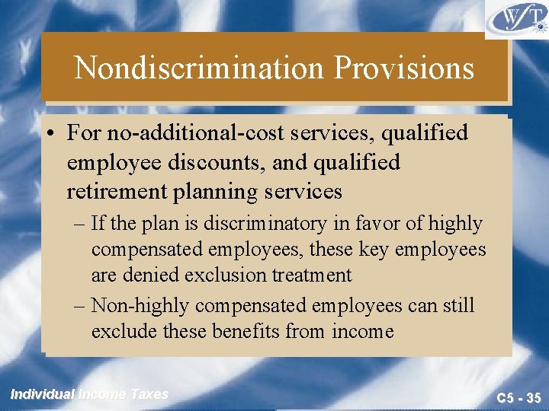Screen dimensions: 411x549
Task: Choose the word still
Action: tap(457, 305)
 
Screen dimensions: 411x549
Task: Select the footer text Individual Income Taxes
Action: tap(89, 394)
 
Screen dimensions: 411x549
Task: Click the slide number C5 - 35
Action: tap(518, 397)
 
